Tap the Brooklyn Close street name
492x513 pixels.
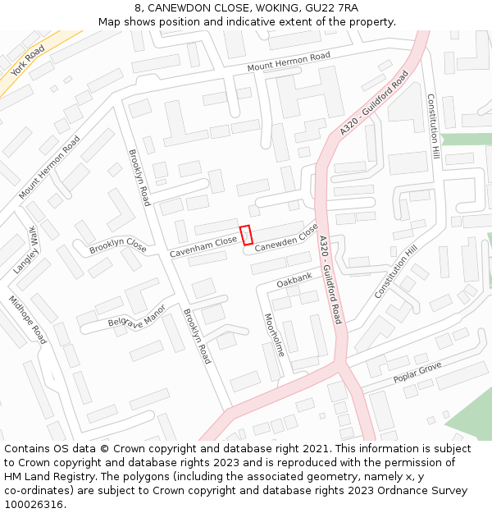[118, 245]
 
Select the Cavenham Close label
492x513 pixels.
[203, 248]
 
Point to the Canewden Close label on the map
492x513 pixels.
[285, 238]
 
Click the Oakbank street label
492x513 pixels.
[294, 281]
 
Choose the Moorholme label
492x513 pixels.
[273, 335]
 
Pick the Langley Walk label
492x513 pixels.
[25, 250]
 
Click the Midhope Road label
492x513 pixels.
[28, 321]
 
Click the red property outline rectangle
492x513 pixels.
[245, 235]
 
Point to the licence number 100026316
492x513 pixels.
[34, 505]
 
